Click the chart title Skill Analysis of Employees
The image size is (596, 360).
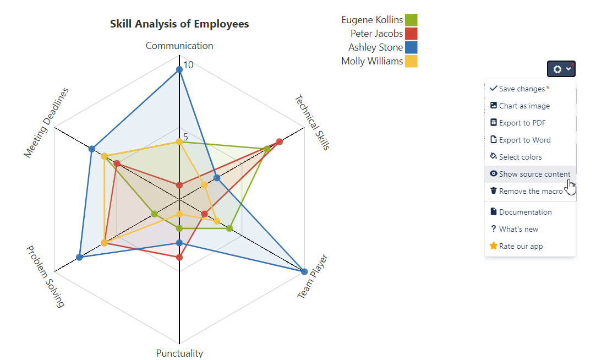click(x=179, y=24)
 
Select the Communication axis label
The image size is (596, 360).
click(x=179, y=46)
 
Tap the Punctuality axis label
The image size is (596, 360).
click(x=179, y=353)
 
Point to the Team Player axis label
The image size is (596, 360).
click(x=313, y=276)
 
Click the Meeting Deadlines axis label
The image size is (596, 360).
click(x=47, y=122)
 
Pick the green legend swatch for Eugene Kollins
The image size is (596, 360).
click(x=411, y=20)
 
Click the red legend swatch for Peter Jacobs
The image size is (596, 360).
click(x=411, y=34)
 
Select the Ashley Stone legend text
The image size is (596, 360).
click(x=375, y=47)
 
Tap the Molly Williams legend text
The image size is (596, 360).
click(x=372, y=61)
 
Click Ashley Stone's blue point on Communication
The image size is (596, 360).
click(x=179, y=69)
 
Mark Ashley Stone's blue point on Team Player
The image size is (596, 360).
click(x=304, y=271)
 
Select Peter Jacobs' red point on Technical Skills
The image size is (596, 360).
click(x=280, y=141)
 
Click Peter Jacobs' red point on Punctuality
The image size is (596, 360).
click(x=179, y=257)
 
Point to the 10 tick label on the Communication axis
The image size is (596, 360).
click(x=189, y=65)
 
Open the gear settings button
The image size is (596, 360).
click(x=561, y=69)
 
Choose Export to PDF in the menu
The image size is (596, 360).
click(x=522, y=123)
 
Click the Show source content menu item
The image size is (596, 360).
click(x=534, y=174)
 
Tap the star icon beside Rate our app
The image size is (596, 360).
click(x=494, y=246)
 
